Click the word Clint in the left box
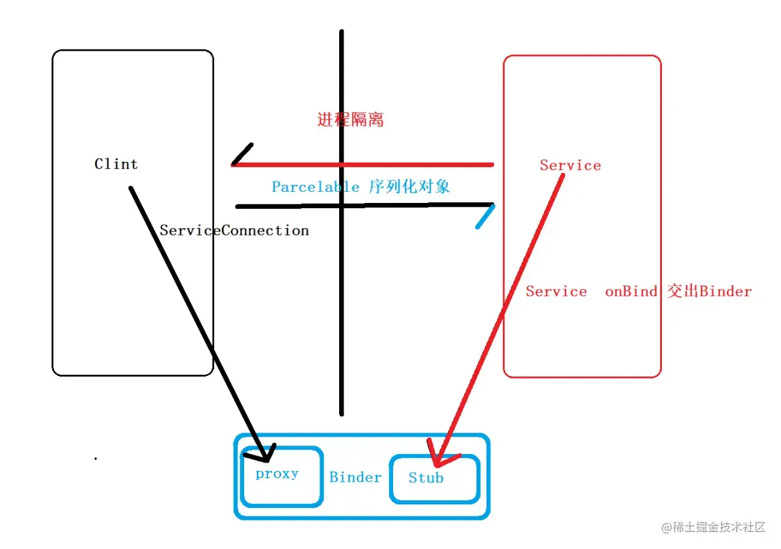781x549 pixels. point(116,164)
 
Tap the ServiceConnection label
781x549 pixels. point(234,230)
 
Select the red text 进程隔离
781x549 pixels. point(350,120)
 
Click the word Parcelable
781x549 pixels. point(315,187)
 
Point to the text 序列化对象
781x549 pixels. point(409,187)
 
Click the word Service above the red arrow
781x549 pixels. point(570,165)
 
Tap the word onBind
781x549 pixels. point(631,291)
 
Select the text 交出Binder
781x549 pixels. point(709,291)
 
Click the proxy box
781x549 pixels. point(281,476)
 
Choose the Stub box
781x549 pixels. point(434,478)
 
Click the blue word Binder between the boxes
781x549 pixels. point(355,477)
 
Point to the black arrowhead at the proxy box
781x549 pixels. point(266,452)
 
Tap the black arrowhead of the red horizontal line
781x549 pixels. point(242,154)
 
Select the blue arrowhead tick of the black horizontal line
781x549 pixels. point(485,217)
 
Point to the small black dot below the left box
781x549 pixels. point(96,459)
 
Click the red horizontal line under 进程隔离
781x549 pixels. point(417,165)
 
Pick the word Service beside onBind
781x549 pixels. point(556,291)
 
